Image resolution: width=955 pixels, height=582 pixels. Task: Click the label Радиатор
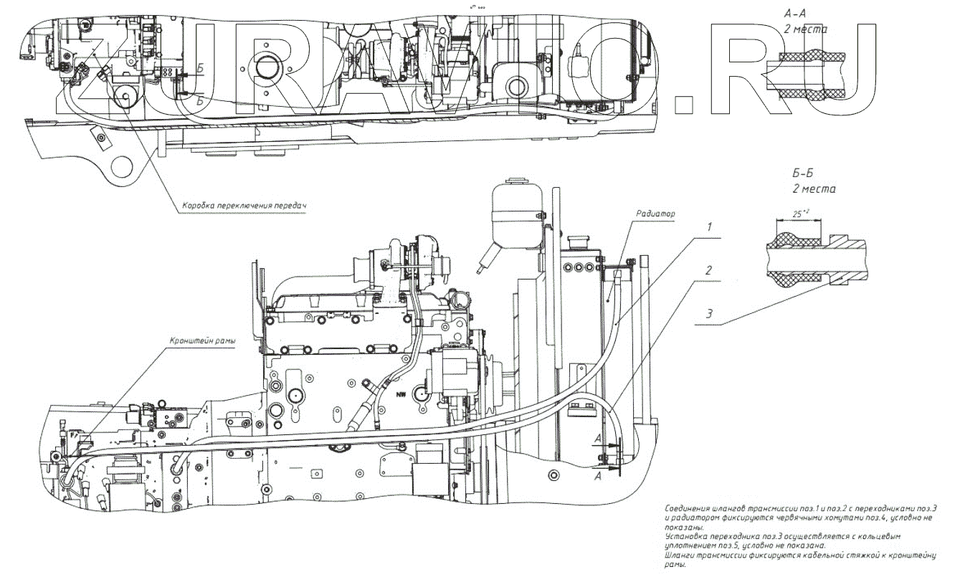pos(655,214)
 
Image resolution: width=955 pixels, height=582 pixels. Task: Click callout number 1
pos(709,226)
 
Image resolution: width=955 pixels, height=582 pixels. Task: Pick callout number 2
pos(709,271)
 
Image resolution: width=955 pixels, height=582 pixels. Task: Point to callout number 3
pos(709,313)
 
